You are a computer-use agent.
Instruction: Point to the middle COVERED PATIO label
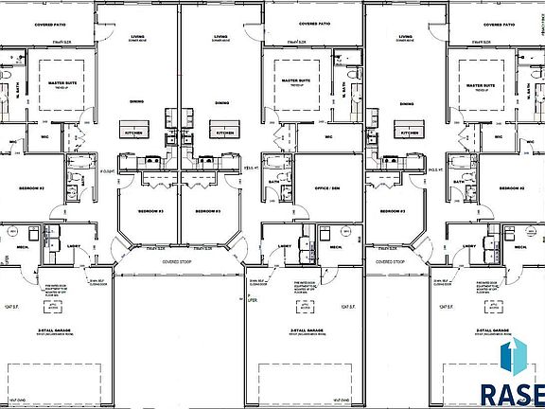(x=313, y=23)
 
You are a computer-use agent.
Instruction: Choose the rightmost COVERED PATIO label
(x=496, y=23)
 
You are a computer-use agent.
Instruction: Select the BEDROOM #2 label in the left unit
(x=33, y=188)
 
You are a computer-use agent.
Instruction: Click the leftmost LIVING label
(x=137, y=36)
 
